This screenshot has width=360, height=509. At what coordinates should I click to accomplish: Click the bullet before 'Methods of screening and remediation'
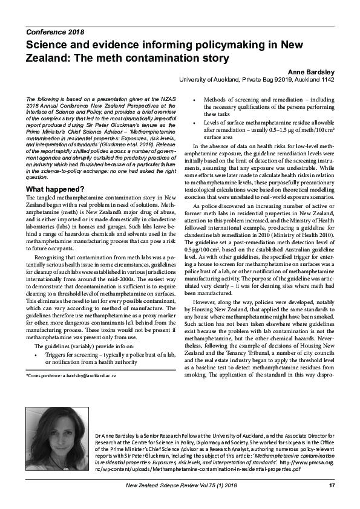pos(193,99)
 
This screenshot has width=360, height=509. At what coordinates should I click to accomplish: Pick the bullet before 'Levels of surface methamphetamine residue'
pos(193,122)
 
